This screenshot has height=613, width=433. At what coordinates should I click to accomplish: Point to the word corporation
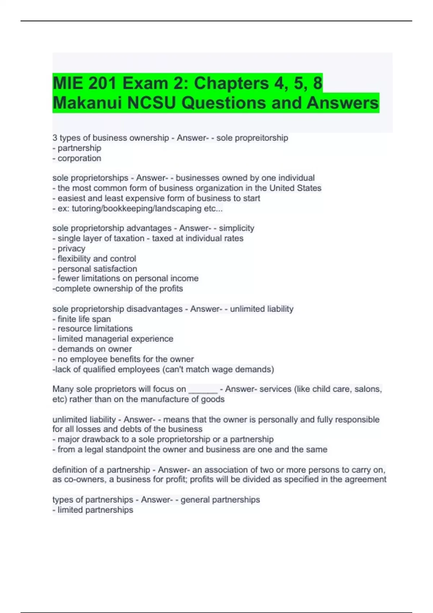click(x=79, y=158)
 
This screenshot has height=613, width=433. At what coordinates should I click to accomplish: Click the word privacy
click(x=71, y=248)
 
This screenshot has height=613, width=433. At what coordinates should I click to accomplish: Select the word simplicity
click(x=236, y=228)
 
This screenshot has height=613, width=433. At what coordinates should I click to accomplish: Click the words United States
click(x=295, y=188)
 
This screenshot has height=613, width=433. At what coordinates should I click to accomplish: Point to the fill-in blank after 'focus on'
click(x=203, y=389)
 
